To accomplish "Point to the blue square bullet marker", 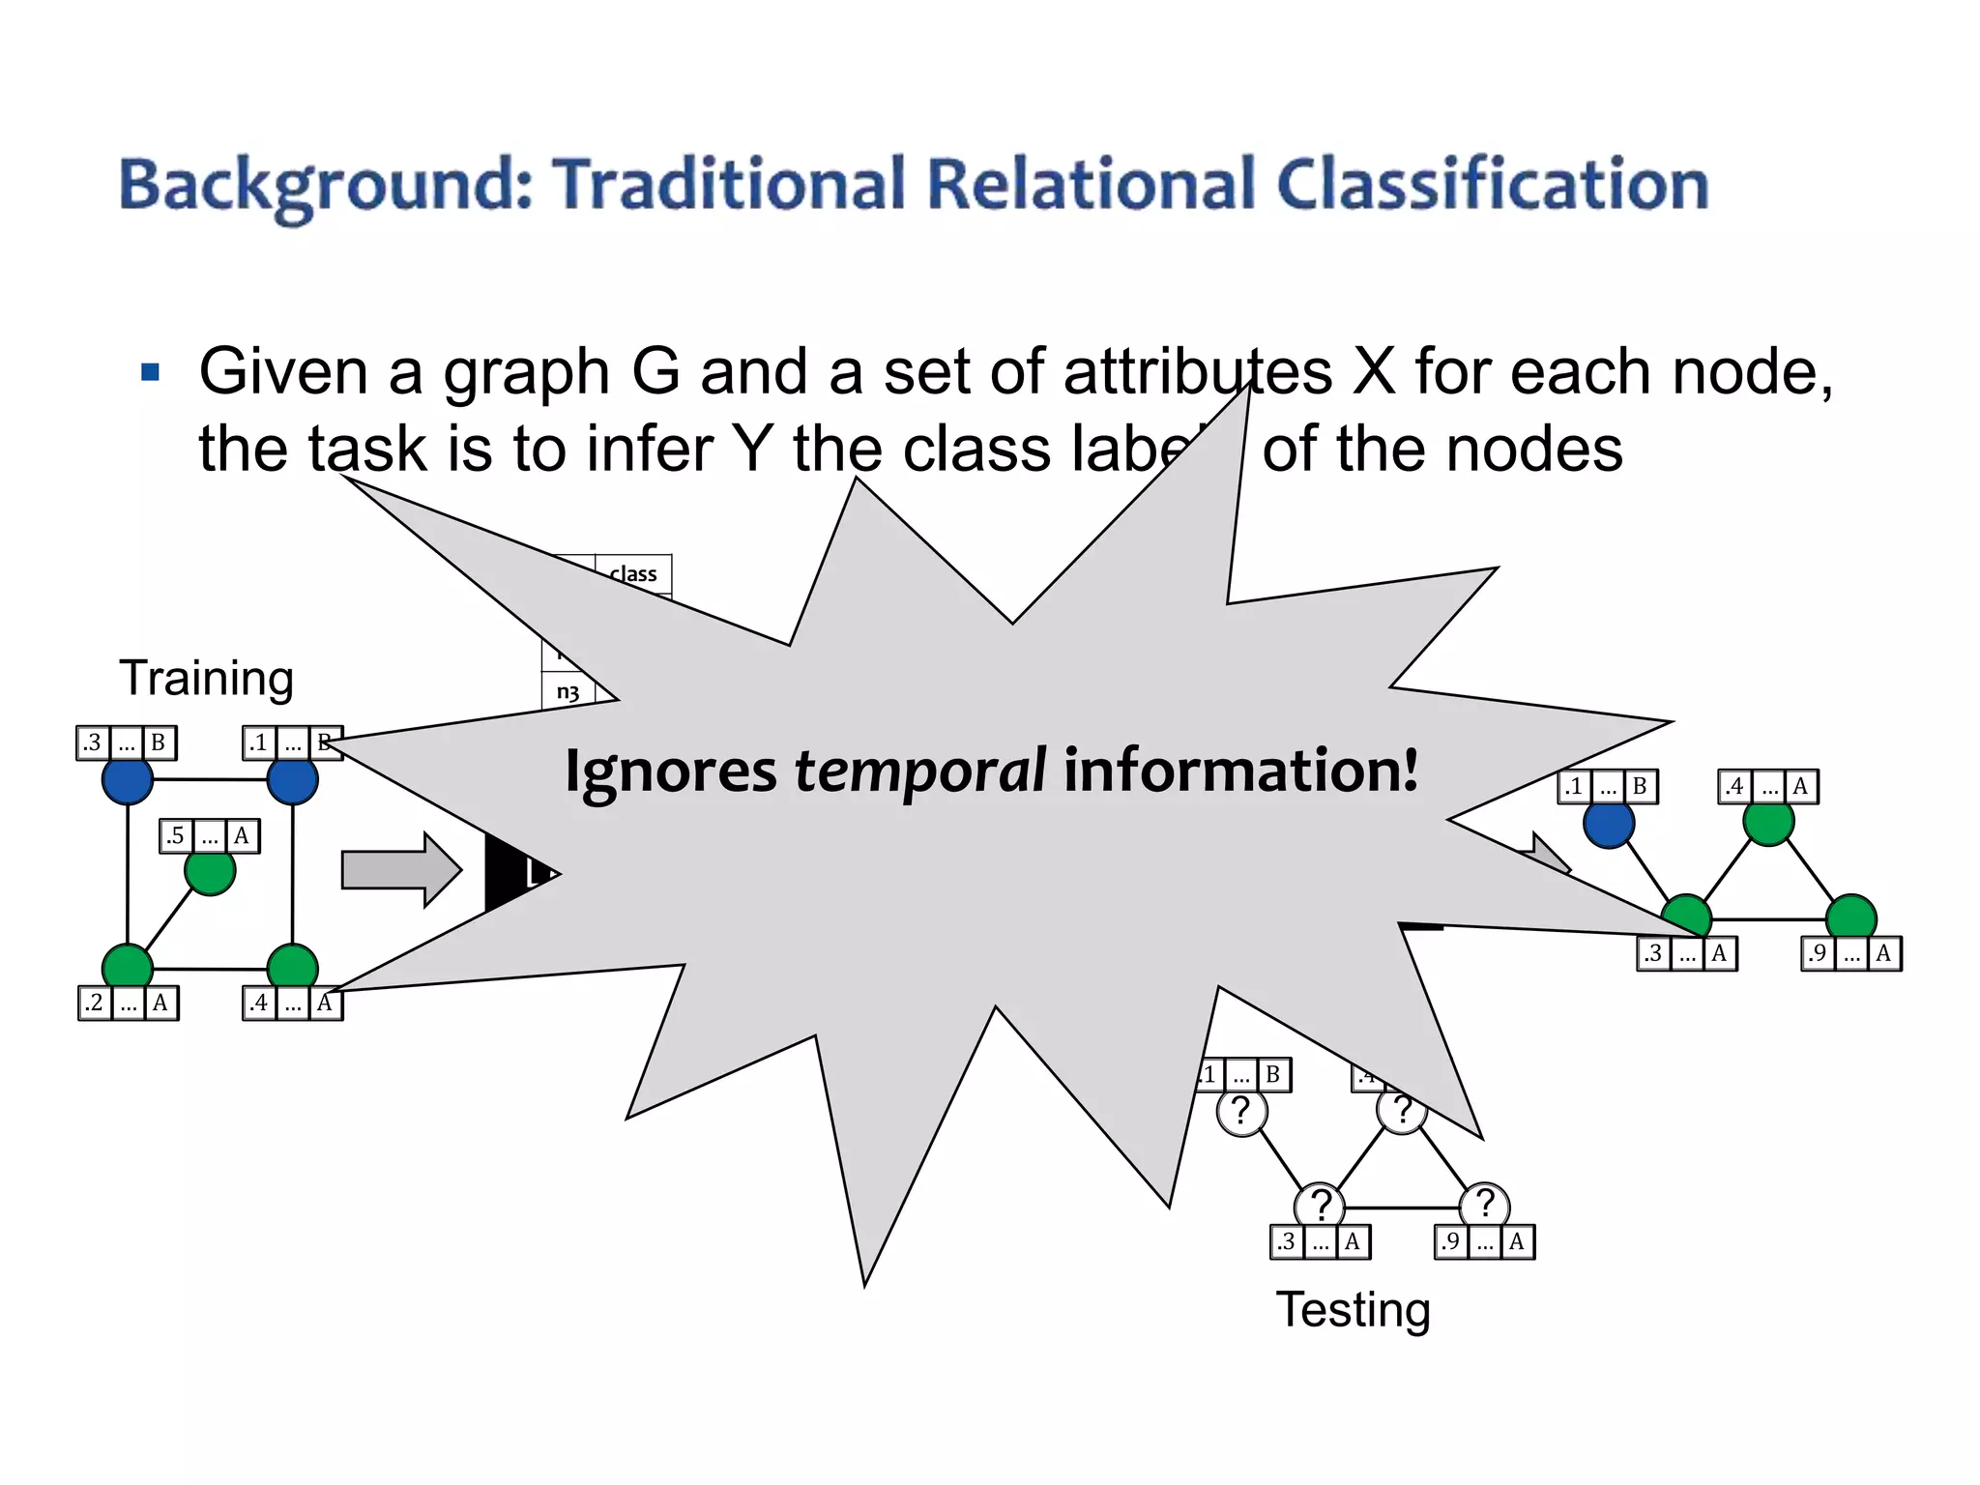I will (x=150, y=372).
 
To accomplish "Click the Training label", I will (x=206, y=678).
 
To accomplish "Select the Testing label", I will (x=1353, y=1310).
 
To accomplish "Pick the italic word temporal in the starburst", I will (x=919, y=771).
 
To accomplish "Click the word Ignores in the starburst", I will (x=671, y=772).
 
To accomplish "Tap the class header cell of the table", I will (x=633, y=574).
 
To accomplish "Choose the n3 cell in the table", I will (x=568, y=692).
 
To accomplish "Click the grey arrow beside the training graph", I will (x=399, y=870).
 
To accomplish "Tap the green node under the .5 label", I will (x=210, y=872).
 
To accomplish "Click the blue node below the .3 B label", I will (x=128, y=780).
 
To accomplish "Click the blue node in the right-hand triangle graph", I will (x=1609, y=824).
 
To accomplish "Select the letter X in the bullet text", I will (x=1374, y=372).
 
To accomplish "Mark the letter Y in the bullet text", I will (x=752, y=450).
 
